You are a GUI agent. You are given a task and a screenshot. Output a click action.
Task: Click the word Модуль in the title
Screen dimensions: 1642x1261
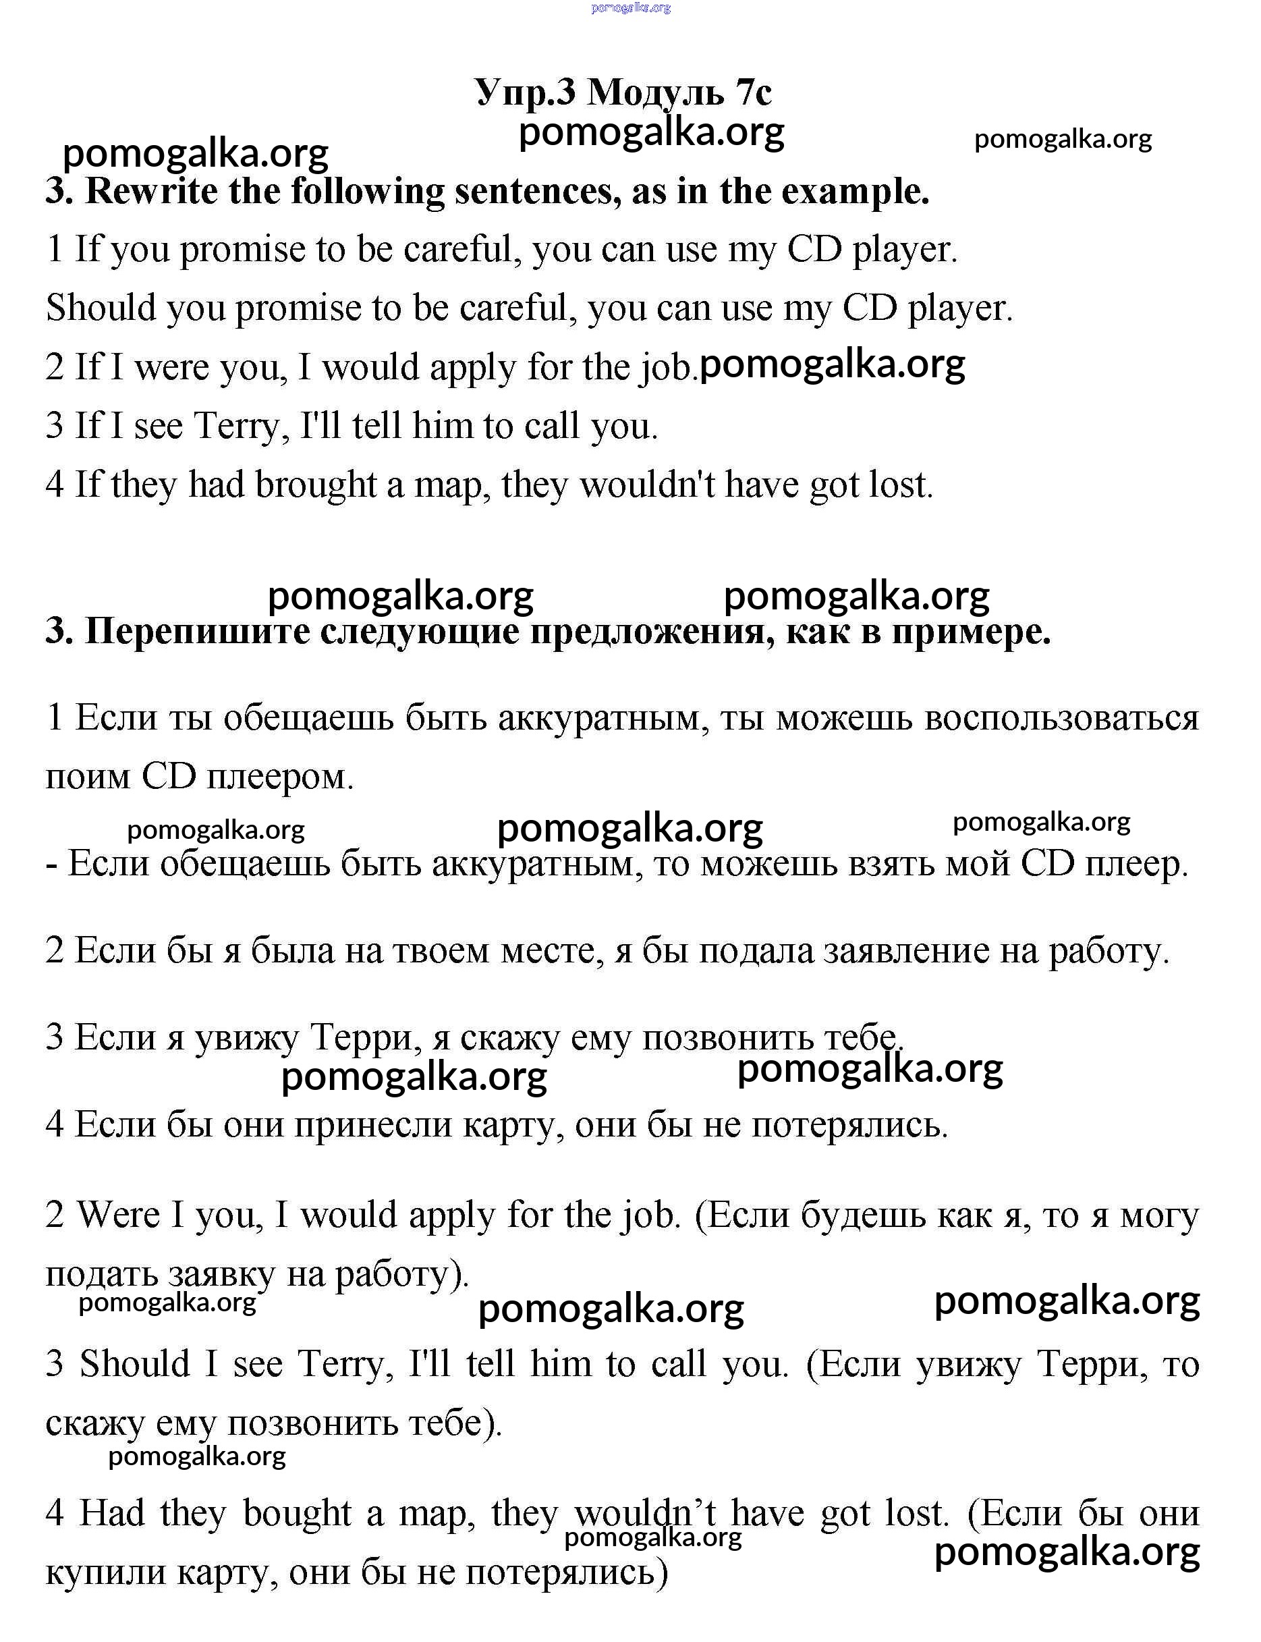656,94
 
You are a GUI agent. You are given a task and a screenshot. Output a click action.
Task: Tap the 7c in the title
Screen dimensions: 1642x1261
753,94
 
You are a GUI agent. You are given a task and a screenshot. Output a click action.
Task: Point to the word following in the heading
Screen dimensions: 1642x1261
367,192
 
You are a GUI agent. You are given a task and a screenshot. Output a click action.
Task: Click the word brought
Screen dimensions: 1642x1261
315,485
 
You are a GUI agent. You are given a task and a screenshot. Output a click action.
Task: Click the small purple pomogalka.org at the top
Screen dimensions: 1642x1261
630,8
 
